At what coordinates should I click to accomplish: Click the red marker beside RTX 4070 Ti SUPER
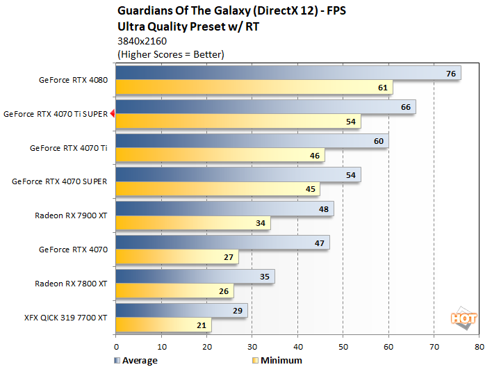point(112,114)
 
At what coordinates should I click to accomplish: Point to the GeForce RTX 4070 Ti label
point(68,148)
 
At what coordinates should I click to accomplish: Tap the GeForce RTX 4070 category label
point(73,250)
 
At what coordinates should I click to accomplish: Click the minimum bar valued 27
point(177,257)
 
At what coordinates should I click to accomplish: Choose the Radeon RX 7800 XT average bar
point(195,276)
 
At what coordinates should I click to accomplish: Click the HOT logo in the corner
point(462,318)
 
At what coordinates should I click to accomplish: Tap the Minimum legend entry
point(277,360)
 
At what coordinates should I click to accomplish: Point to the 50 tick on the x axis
point(343,345)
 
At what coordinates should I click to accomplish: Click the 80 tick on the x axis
point(479,345)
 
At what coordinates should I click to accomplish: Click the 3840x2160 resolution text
point(142,41)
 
